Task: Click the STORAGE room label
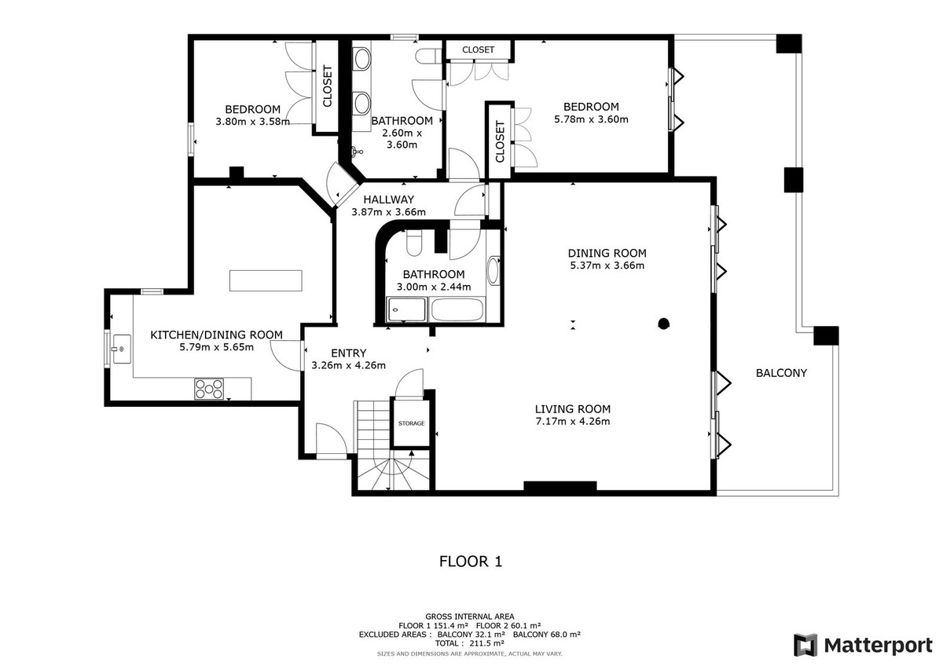(411, 423)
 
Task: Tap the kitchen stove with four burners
(209, 389)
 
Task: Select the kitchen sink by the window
(121, 349)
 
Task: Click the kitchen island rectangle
(266, 280)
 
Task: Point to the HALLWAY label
(388, 199)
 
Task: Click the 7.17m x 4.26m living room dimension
(573, 421)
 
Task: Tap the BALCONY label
(781, 373)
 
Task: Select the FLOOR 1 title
(471, 562)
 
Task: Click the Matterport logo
(863, 645)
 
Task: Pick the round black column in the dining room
(663, 324)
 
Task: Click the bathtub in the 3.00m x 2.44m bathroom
(457, 309)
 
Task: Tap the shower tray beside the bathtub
(406, 309)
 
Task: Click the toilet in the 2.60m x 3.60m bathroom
(428, 56)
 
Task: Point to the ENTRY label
(349, 353)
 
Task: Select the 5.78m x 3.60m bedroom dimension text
(591, 119)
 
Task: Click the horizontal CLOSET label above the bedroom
(479, 49)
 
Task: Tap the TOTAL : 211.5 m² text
(469, 643)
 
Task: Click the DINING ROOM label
(607, 253)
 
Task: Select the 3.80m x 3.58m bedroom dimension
(252, 122)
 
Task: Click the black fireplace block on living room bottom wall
(560, 486)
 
